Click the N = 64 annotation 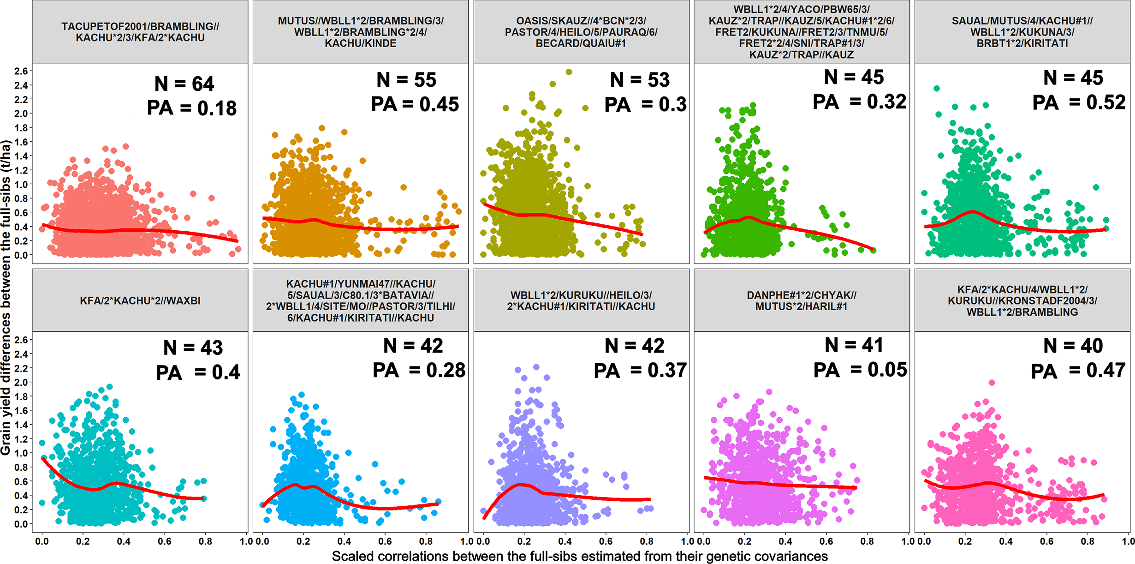tap(184, 84)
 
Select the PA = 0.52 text tap(1079, 102)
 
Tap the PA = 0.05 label tap(860, 370)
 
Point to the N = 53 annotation tap(640, 80)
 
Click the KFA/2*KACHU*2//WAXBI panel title tap(140, 300)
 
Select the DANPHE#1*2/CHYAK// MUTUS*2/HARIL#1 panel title tap(802, 300)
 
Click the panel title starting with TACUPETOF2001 tap(140, 32)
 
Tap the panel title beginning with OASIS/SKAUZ tap(581, 32)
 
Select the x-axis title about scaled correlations tap(580, 556)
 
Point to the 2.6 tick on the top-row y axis tap(21, 71)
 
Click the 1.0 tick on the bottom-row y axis tap(21, 453)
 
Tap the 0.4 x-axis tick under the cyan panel tap(124, 541)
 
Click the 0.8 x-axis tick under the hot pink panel tap(1087, 541)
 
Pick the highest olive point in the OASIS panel tap(569, 72)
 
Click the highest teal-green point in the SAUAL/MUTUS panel tap(937, 88)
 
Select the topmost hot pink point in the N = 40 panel tap(992, 383)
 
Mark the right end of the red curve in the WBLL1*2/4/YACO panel tap(873, 250)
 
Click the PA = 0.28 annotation tap(419, 370)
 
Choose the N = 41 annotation tap(854, 345)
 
